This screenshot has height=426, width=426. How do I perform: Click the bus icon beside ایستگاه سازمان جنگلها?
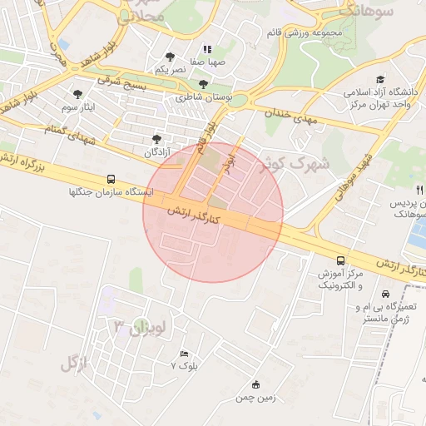pyautogui.click(x=111, y=179)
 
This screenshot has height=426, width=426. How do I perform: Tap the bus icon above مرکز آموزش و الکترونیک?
pyautogui.click(x=340, y=260)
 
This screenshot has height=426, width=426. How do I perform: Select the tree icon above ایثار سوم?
pyautogui.click(x=78, y=94)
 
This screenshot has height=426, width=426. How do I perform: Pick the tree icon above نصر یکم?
pyautogui.click(x=171, y=57)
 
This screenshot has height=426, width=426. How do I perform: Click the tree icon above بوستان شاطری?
pyautogui.click(x=204, y=84)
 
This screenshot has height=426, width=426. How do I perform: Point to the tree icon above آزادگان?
pyautogui.click(x=157, y=139)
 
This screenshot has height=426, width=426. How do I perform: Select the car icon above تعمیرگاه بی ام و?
pyautogui.click(x=384, y=294)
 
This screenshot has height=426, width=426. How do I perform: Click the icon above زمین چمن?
pyautogui.click(x=256, y=384)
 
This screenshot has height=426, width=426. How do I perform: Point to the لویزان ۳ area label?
pyautogui.click(x=141, y=326)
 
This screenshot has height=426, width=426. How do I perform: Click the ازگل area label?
pyautogui.click(x=73, y=363)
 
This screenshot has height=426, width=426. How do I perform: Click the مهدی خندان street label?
pyautogui.click(x=292, y=116)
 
